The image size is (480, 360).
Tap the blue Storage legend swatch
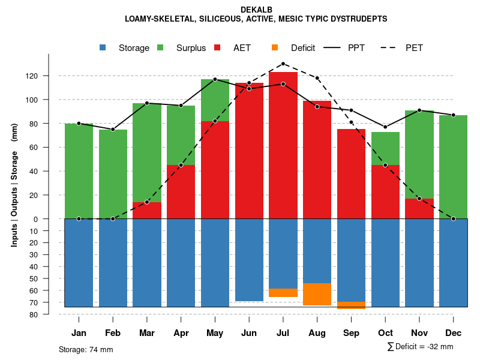pyautogui.click(x=103, y=48)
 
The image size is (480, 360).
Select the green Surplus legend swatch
pyautogui.click(x=161, y=48)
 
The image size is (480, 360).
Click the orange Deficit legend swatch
pyautogui.click(x=275, y=48)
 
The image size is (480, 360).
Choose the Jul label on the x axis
pyautogui.click(x=283, y=333)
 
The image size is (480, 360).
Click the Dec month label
pyautogui.click(x=454, y=333)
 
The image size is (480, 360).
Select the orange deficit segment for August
pyautogui.click(x=317, y=294)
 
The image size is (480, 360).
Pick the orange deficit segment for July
pyautogui.click(x=283, y=293)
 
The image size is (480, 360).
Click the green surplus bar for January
pyautogui.click(x=79, y=171)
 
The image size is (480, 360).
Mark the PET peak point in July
pyautogui.click(x=283, y=64)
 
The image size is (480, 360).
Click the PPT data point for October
pyautogui.click(x=385, y=127)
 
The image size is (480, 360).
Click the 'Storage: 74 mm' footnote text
pyautogui.click(x=86, y=349)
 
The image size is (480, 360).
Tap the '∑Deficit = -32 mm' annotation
pyautogui.click(x=420, y=347)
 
